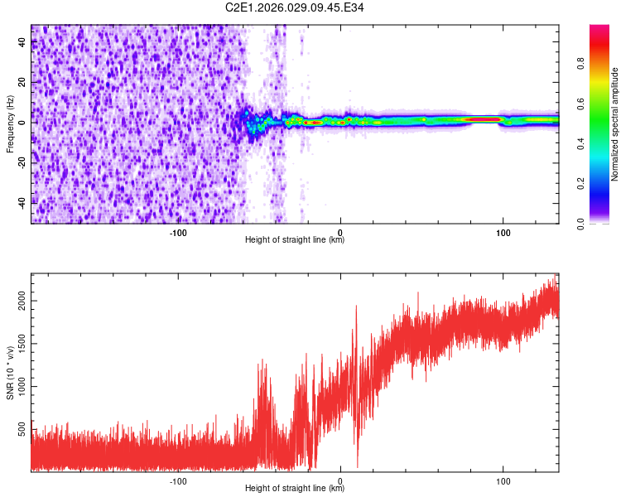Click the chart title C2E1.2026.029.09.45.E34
[295, 7]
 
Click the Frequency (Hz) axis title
[10, 124]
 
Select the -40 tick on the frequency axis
[23, 201]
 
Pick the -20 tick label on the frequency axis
[23, 162]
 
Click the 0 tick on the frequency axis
[23, 122]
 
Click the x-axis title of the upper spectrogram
[295, 240]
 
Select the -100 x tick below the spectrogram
[178, 232]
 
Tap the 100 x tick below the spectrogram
[503, 232]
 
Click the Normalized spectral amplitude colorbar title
[615, 124]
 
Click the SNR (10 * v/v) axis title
[10, 372]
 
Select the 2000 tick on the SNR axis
[18, 306]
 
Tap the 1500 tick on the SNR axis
[18, 347]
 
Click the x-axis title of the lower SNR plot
[295, 489]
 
